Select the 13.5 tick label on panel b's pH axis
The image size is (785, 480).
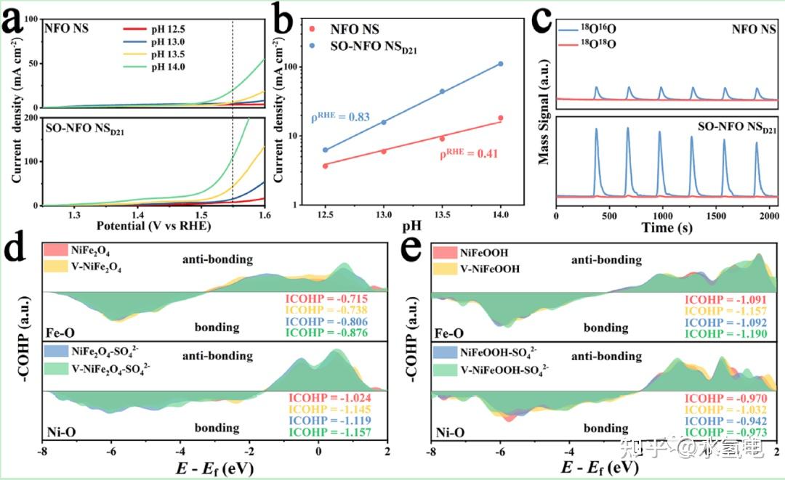coord(442,215)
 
